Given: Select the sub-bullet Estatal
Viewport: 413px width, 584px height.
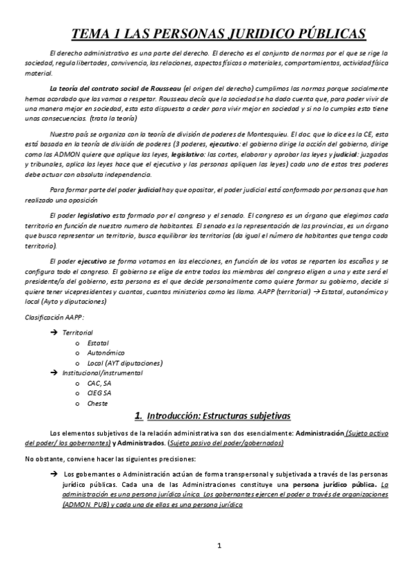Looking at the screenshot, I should pyautogui.click(x=97, y=342).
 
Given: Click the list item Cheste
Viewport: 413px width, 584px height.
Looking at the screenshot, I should pyautogui.click(x=97, y=403).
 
